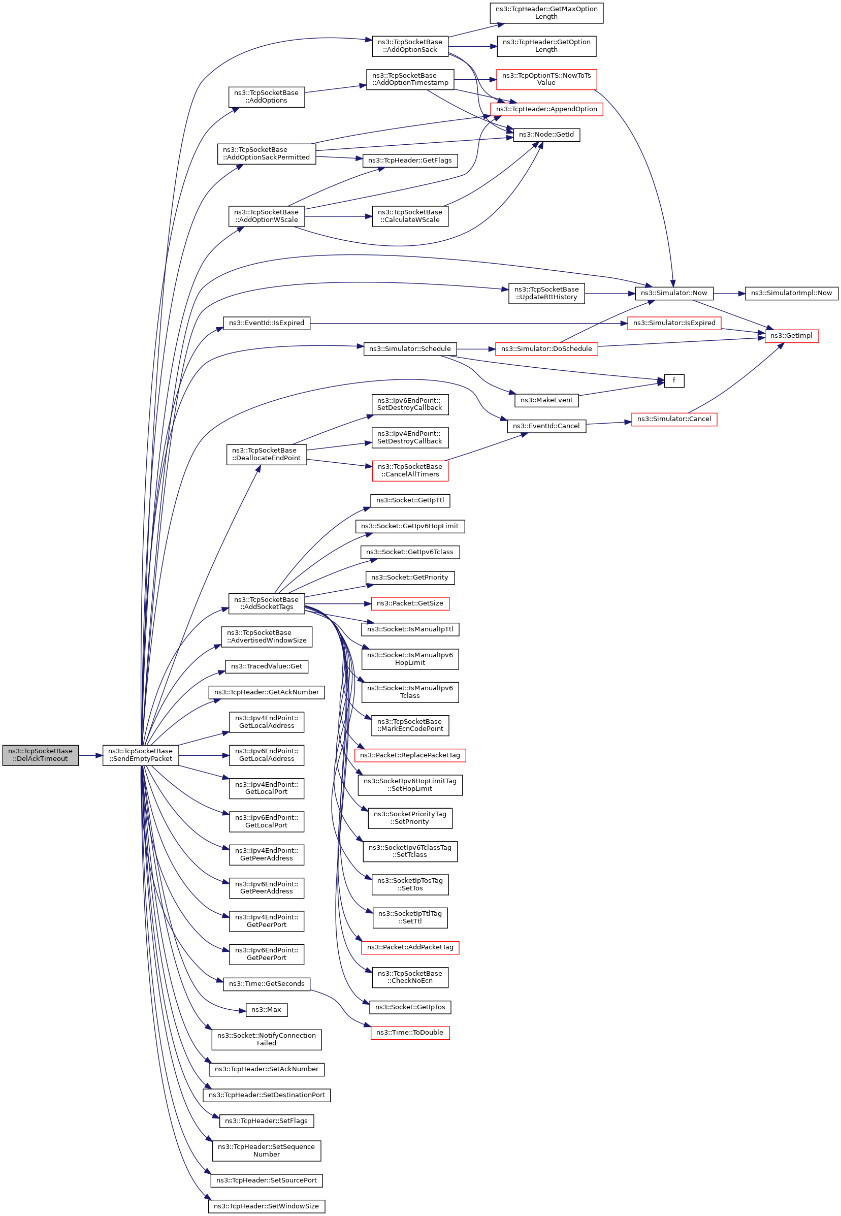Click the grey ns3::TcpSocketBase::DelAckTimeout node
click(x=41, y=755)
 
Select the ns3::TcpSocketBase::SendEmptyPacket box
click(x=140, y=755)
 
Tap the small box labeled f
click(x=673, y=380)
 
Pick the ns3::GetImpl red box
click(x=791, y=335)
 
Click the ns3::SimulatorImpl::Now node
click(x=791, y=293)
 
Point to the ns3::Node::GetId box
click(x=546, y=135)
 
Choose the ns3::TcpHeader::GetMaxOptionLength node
click(x=546, y=13)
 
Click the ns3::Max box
click(x=266, y=1009)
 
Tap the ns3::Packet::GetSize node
click(x=409, y=603)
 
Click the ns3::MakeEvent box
click(x=546, y=400)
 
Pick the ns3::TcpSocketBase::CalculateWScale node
click(x=409, y=216)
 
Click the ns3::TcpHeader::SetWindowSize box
click(x=266, y=1206)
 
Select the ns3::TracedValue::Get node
click(x=266, y=666)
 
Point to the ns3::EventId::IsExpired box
click(x=266, y=323)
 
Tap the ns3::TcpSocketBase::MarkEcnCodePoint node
click(x=409, y=725)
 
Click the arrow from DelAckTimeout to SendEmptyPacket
click(x=90, y=755)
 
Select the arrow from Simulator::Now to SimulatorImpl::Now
click(x=729, y=293)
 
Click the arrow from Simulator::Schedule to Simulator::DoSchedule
click(x=476, y=349)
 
